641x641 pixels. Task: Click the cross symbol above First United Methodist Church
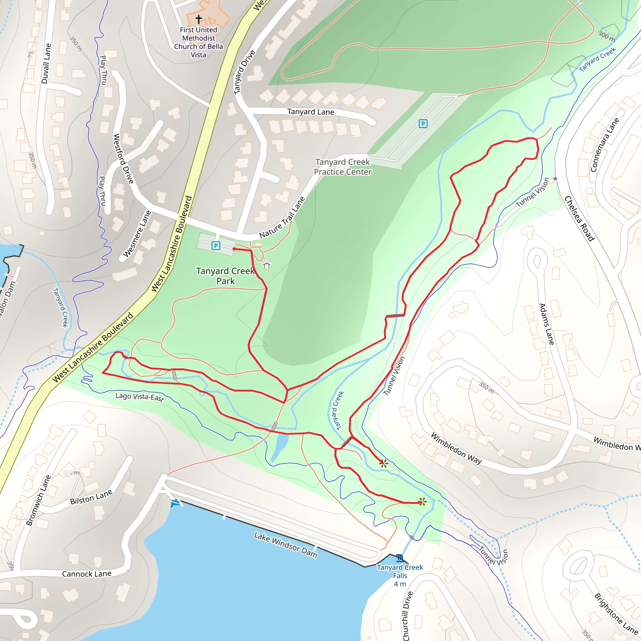point(198,19)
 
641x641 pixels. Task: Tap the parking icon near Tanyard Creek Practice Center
point(423,124)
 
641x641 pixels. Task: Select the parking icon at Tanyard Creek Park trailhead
point(216,246)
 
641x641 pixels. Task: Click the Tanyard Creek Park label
point(226,276)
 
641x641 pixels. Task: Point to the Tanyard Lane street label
point(310,112)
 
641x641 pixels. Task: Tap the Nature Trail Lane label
point(282,218)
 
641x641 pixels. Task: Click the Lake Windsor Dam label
point(285,545)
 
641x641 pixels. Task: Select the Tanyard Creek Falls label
point(400,576)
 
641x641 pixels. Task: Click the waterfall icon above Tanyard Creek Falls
point(400,558)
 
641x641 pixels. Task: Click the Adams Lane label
point(546,324)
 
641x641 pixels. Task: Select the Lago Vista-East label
point(140,397)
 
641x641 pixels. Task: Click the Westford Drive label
point(123,159)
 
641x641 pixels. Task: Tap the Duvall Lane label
point(46,63)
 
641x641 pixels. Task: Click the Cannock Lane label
point(87,574)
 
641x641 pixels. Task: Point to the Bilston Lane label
point(91,497)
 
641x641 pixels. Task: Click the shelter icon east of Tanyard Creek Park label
point(267,264)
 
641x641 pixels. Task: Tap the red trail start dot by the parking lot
point(234,249)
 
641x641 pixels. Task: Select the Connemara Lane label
point(604,145)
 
